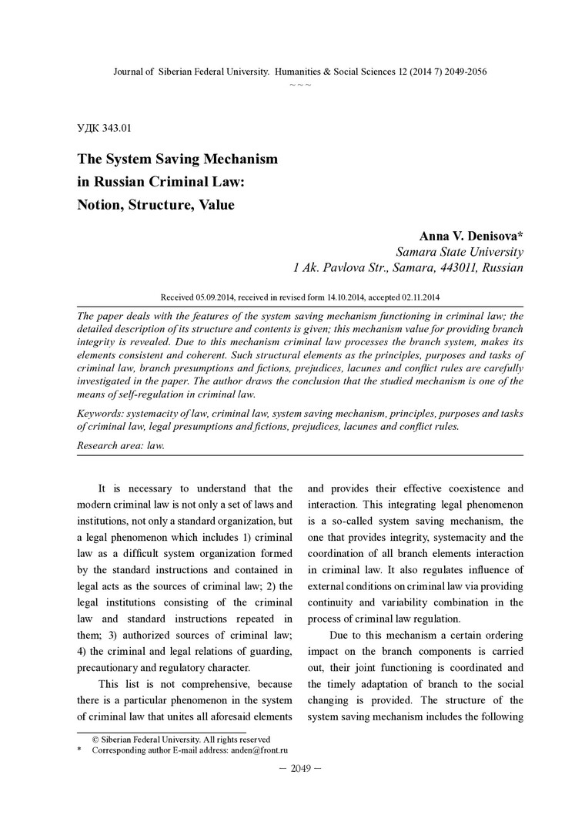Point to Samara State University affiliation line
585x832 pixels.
click(460, 252)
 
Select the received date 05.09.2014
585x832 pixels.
click(218, 297)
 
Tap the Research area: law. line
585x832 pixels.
click(121, 445)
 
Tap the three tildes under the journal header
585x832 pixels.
click(300, 83)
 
